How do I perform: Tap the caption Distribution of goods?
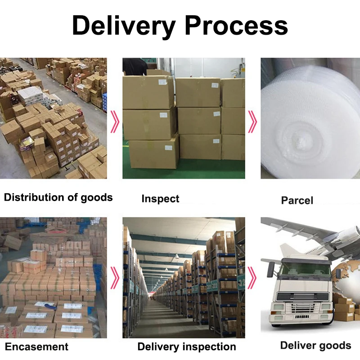tap(58, 197)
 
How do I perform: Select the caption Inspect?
tap(160, 198)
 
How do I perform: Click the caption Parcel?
tap(297, 200)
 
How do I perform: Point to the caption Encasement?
tap(36, 346)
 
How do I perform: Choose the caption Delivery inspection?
tap(186, 346)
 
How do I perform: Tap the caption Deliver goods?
tap(315, 346)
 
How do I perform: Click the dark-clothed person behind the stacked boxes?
tap(135, 66)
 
